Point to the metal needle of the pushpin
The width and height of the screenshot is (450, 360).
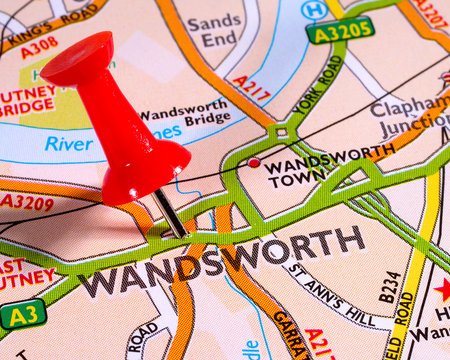tap(169, 212)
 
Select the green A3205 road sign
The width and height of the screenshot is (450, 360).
tap(340, 30)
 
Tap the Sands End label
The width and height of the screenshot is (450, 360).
tap(214, 30)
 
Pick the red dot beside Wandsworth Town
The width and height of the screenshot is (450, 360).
tap(254, 162)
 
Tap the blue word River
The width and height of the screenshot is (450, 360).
tap(68, 144)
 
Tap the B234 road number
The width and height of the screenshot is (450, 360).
tap(389, 285)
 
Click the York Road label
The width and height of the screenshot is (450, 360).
tap(318, 86)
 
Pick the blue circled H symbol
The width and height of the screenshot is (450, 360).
tap(313, 10)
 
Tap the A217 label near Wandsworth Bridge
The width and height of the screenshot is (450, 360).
tap(251, 88)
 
